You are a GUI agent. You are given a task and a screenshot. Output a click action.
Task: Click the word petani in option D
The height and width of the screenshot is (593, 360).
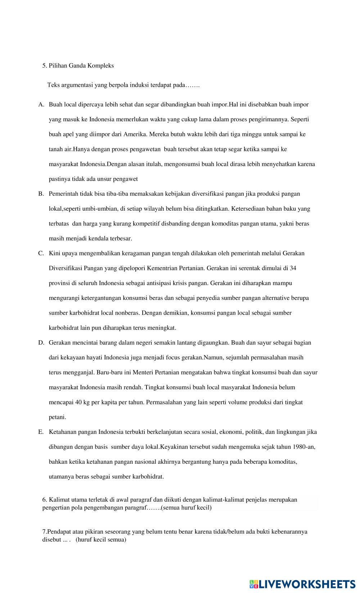click(57, 417)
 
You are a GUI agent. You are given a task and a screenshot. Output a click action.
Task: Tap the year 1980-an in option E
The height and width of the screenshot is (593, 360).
click(304, 447)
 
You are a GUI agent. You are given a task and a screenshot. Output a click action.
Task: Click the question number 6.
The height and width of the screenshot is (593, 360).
click(44, 499)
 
